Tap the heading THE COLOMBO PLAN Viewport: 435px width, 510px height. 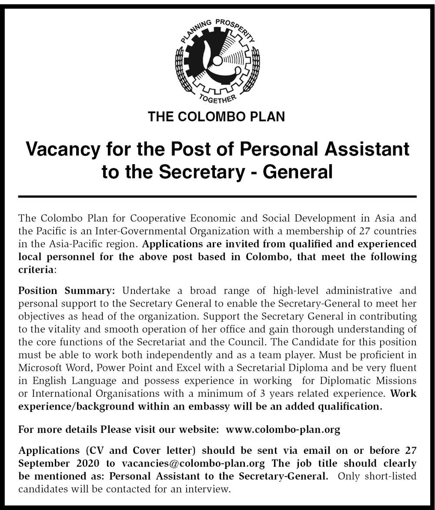click(217, 117)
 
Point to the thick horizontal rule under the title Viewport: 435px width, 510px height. click(217, 197)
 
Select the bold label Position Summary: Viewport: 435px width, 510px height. click(67, 290)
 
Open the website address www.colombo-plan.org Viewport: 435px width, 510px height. click(283, 429)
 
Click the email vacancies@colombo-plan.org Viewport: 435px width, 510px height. click(186, 463)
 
